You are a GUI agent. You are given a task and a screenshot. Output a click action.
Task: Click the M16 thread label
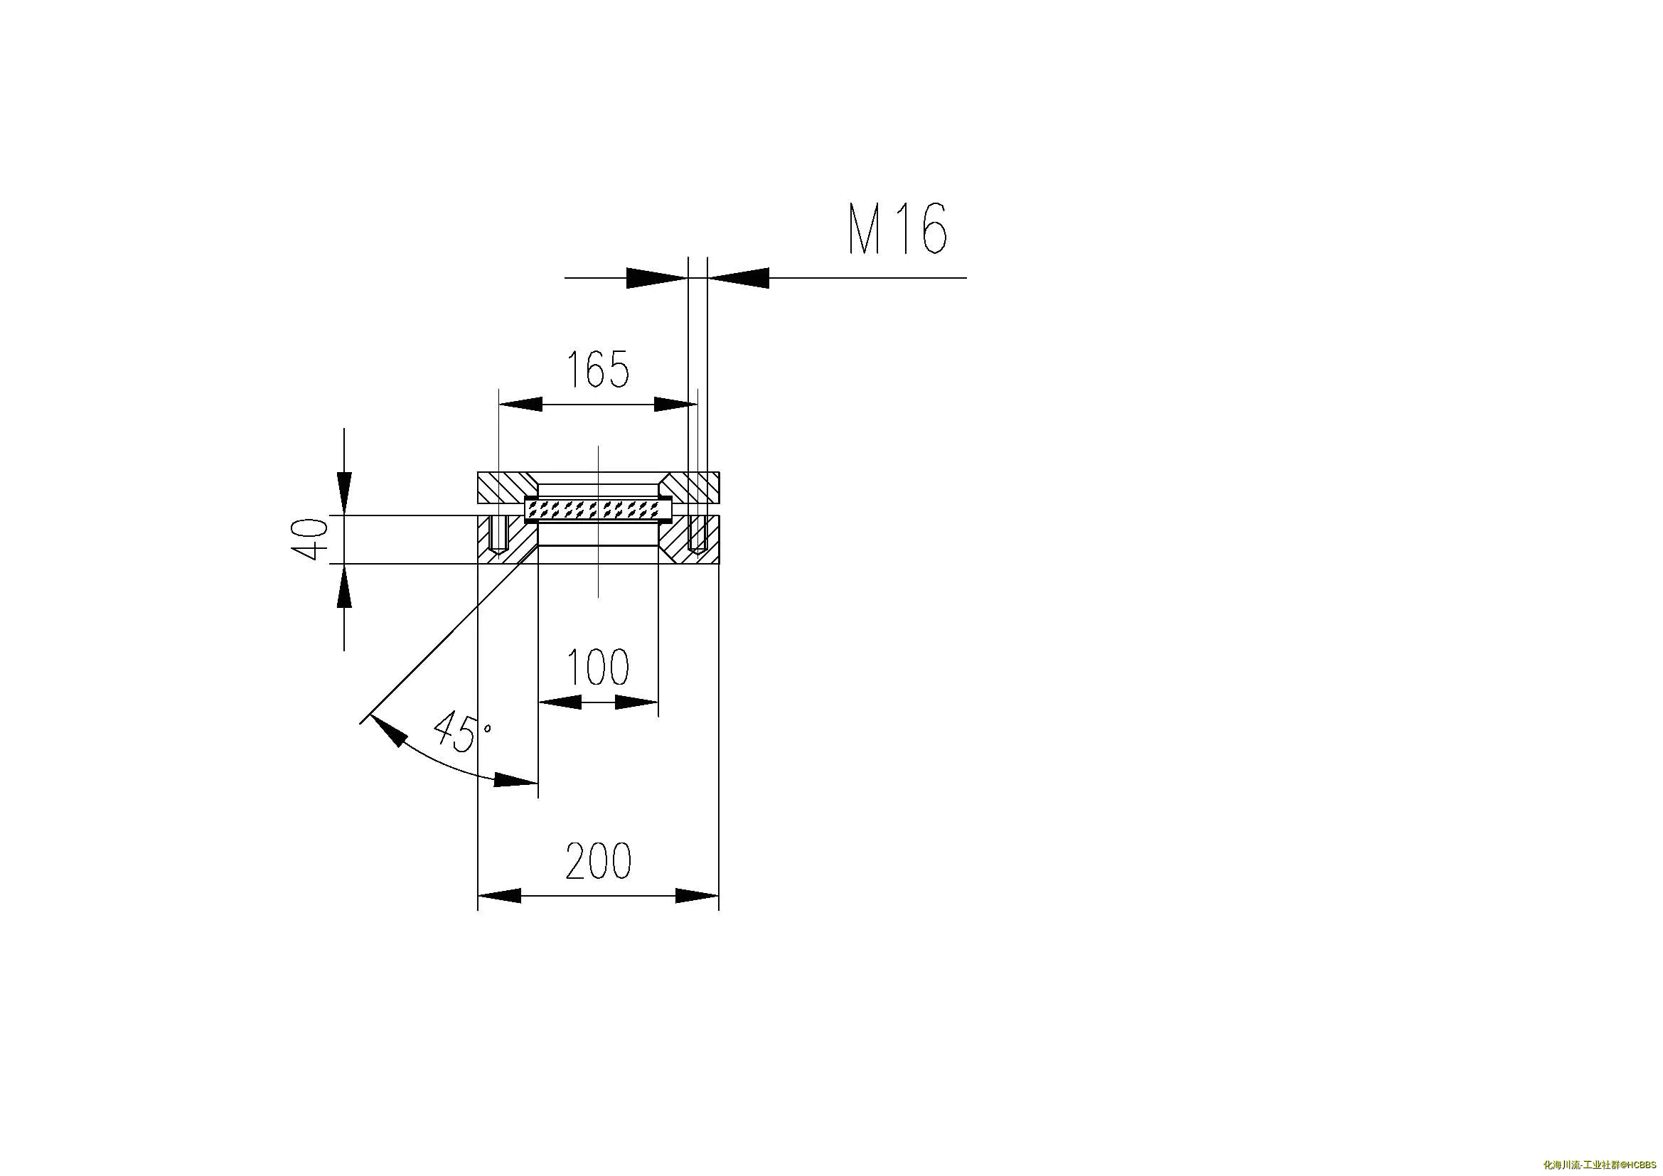click(x=897, y=229)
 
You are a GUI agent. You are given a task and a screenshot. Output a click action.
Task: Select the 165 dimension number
click(x=597, y=369)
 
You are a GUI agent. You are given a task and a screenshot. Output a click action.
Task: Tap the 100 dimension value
click(x=597, y=667)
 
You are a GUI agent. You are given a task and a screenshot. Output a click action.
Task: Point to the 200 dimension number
click(x=598, y=860)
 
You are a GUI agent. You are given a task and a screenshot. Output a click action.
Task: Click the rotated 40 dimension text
click(x=309, y=539)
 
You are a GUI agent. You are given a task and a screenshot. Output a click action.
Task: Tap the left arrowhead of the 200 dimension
click(x=499, y=896)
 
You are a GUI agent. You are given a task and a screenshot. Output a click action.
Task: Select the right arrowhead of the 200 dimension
click(x=697, y=896)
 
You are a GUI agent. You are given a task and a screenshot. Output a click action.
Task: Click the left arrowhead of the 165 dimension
click(x=520, y=404)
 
